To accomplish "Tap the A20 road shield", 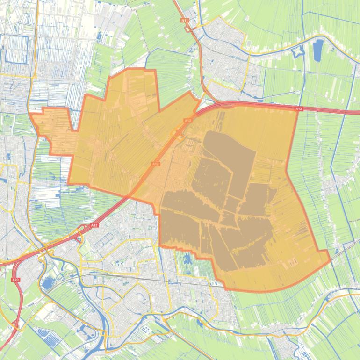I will [x=15, y=280].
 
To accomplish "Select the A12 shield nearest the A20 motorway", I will [x=94, y=225].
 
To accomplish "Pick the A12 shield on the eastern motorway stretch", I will [x=299, y=109].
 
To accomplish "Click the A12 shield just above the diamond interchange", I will [x=187, y=121].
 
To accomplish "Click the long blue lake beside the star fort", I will [x=318, y=50].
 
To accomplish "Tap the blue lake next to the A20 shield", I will [x=47, y=283].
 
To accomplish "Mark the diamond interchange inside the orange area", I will [x=178, y=134].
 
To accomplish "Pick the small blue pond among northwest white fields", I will [x=99, y=36].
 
